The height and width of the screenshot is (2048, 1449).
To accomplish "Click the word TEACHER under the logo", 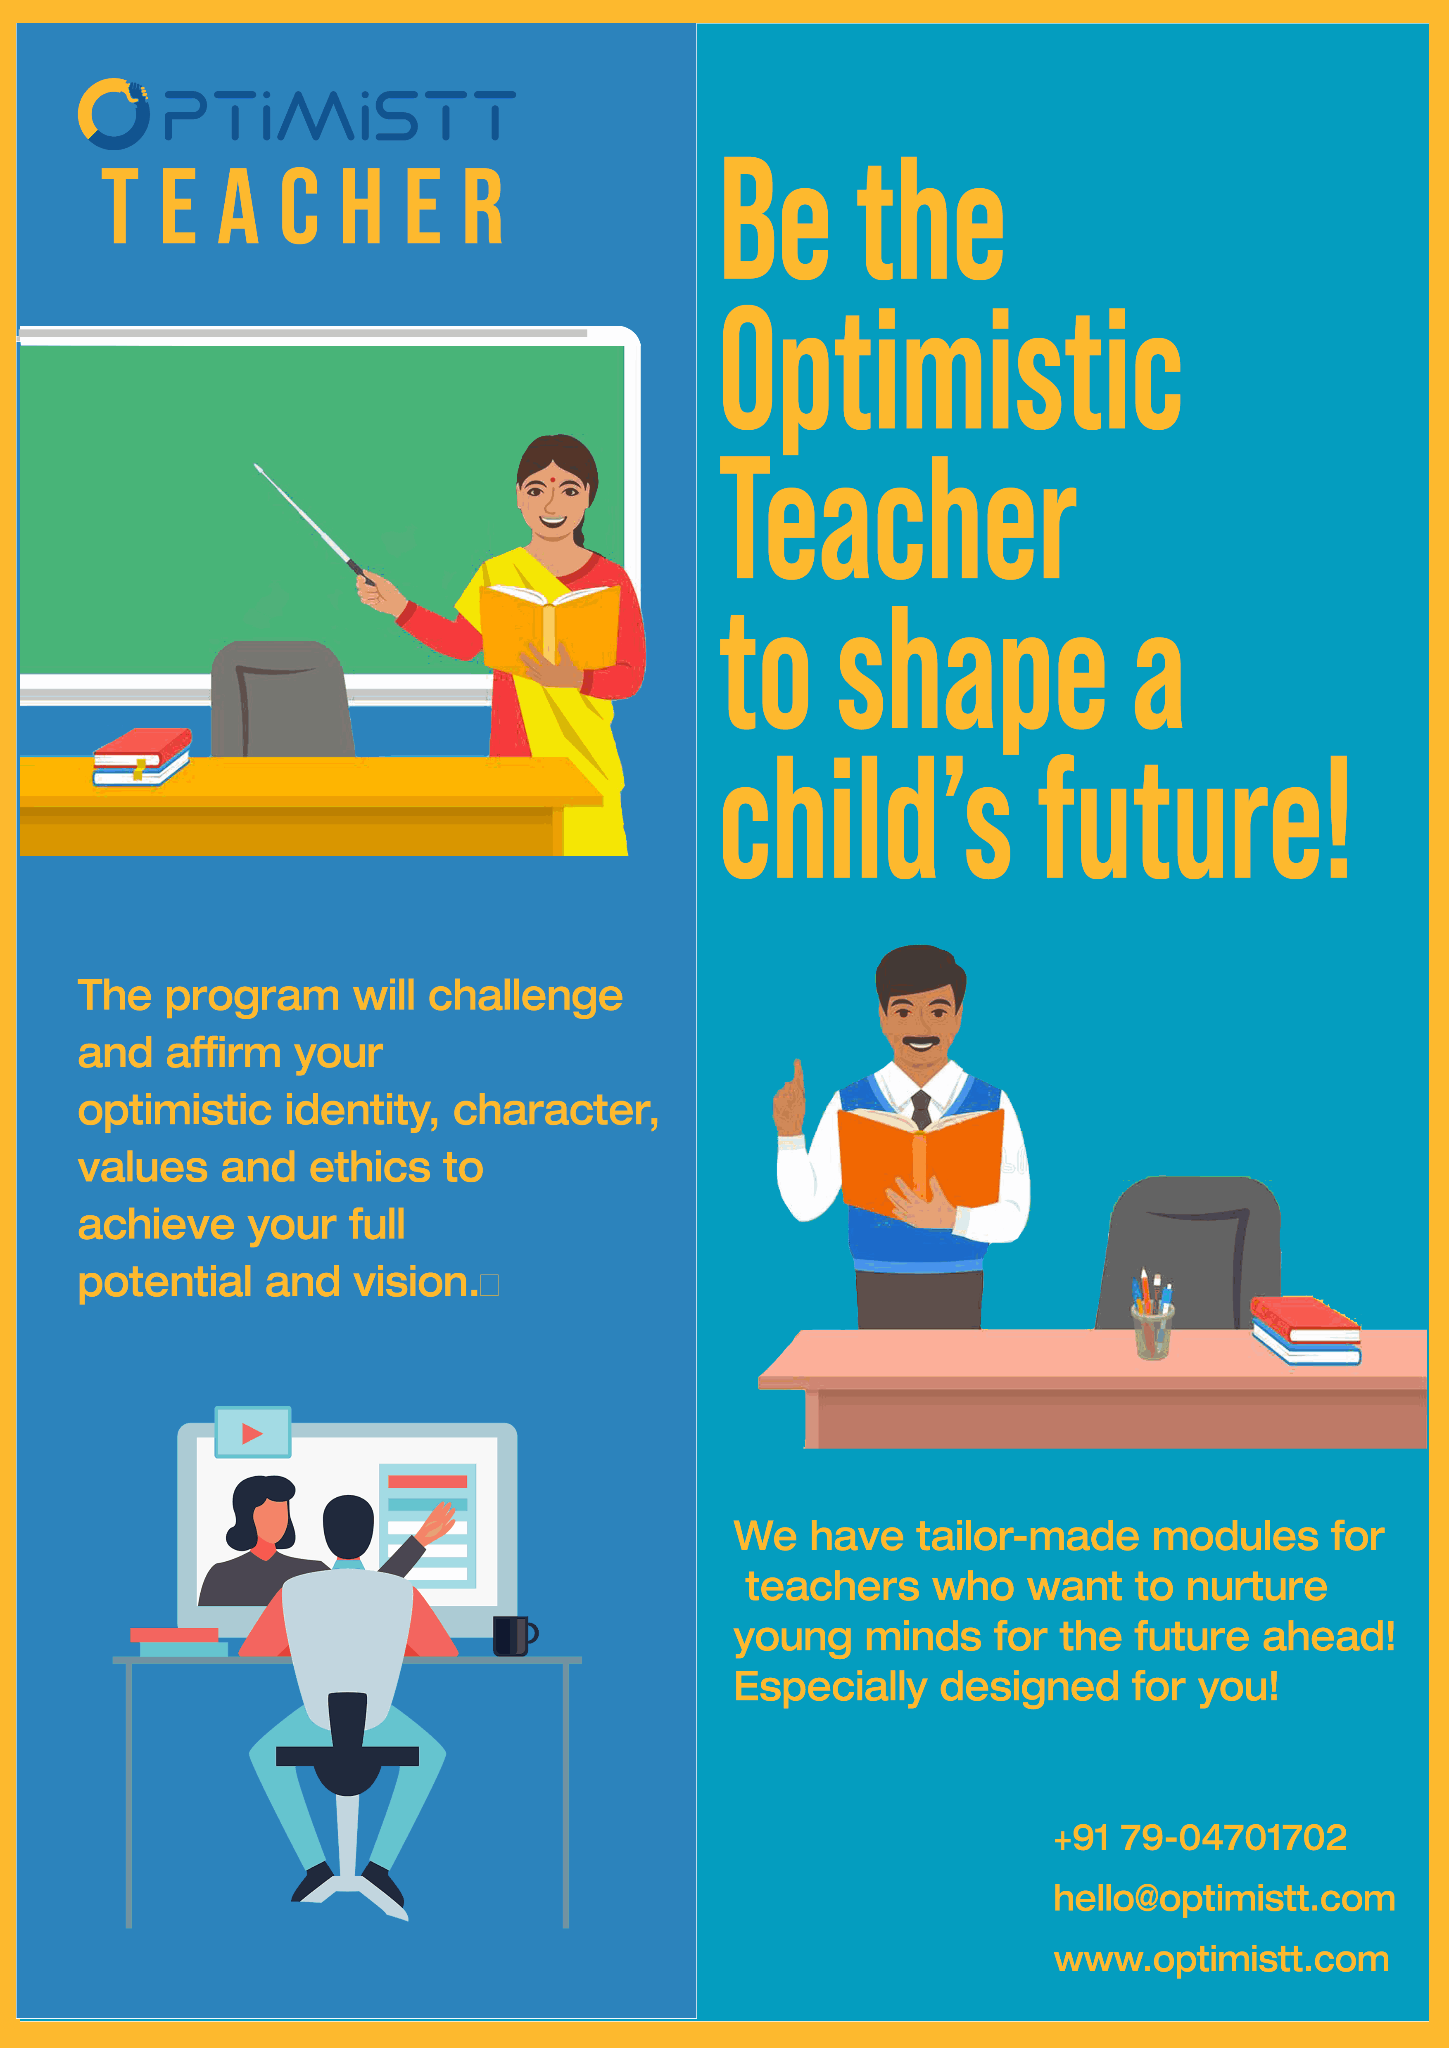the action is (x=303, y=207).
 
